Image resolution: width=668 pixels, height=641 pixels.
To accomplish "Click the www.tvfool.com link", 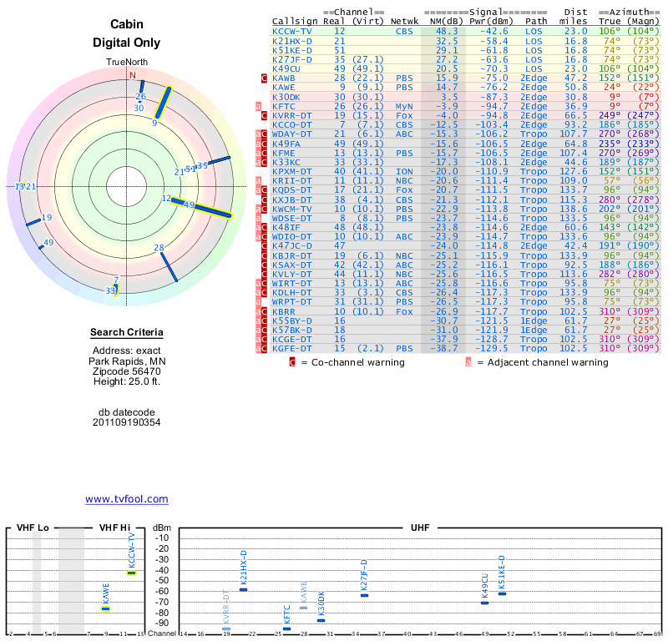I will (126, 499).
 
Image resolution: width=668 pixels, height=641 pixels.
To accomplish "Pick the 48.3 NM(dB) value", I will (446, 31).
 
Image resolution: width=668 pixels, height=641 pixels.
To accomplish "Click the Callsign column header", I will (291, 21).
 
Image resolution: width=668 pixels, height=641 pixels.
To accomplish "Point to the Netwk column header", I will (404, 21).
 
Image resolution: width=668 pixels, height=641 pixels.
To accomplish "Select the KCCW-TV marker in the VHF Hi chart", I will (131, 573).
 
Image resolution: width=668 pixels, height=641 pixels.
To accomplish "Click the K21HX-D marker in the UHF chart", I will (243, 589).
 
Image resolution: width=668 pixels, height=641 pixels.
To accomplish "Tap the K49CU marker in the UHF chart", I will (484, 602).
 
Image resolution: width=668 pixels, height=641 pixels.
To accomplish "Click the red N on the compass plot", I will (132, 75).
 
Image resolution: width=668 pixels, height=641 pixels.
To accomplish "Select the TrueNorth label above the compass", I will (126, 63).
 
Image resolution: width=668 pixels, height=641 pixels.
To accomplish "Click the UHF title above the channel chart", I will (420, 528).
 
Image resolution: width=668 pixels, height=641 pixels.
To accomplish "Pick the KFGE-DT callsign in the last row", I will (291, 348).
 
